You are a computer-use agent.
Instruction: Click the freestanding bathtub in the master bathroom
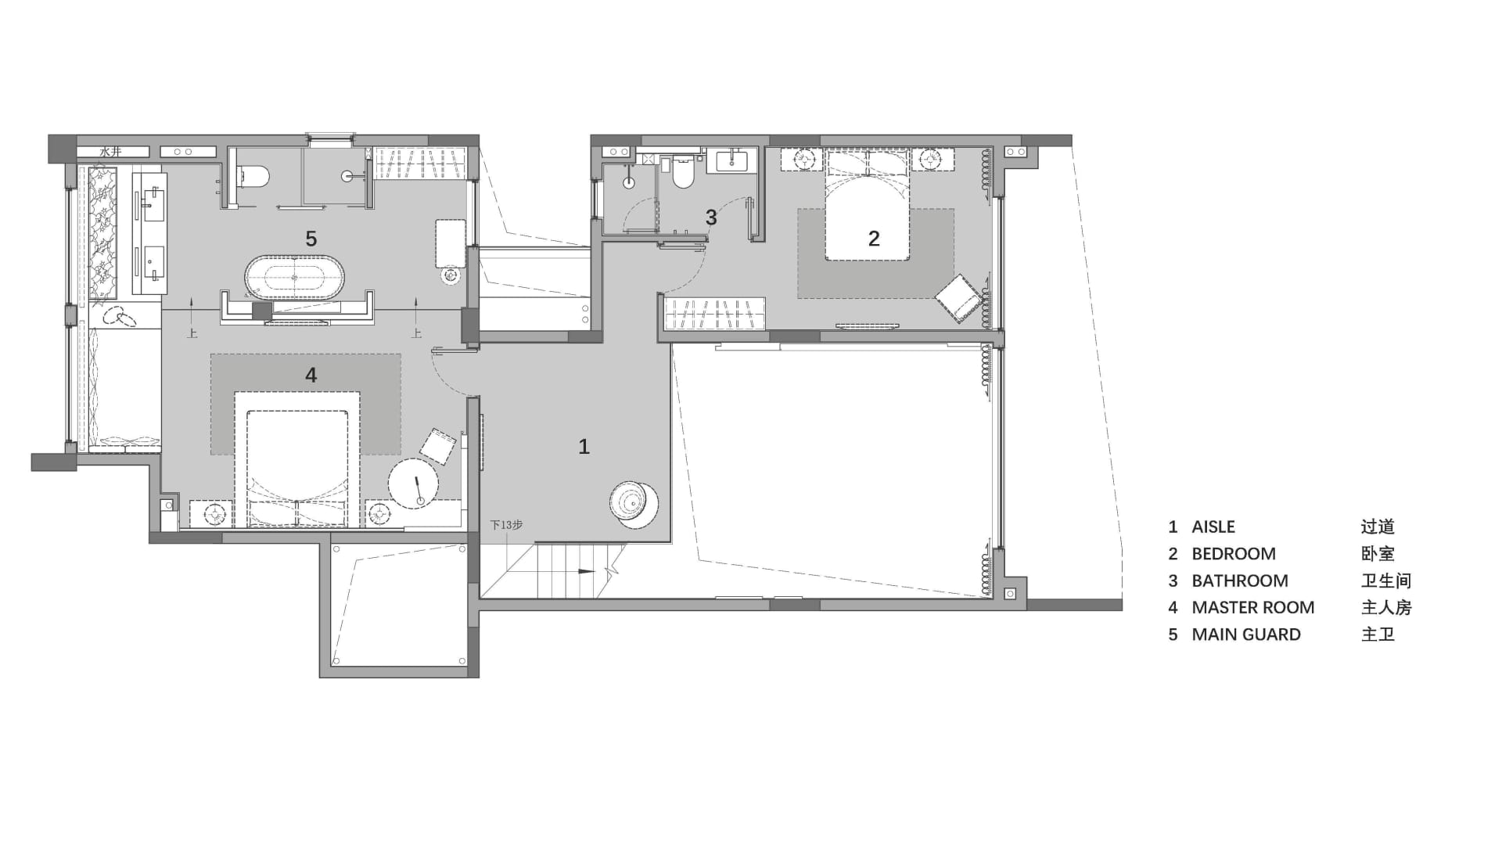294,278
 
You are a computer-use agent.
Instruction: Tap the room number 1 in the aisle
584,446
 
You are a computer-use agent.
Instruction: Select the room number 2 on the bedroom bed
874,238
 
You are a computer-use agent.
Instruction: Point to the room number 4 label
311,376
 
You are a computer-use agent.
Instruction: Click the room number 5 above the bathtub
311,239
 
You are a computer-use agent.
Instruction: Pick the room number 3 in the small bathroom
710,217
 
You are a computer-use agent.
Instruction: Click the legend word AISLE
1213,527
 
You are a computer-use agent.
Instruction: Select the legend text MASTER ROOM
1252,607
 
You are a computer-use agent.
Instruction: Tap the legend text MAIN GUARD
1245,635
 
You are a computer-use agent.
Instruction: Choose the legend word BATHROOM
1239,581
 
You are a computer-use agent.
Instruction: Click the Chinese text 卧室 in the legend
1378,554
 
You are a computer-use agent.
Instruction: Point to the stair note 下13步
506,525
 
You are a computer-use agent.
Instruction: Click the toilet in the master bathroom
253,175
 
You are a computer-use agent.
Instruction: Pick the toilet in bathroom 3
683,174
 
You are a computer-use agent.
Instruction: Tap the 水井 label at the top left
110,152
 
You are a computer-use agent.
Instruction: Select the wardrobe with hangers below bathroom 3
714,314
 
